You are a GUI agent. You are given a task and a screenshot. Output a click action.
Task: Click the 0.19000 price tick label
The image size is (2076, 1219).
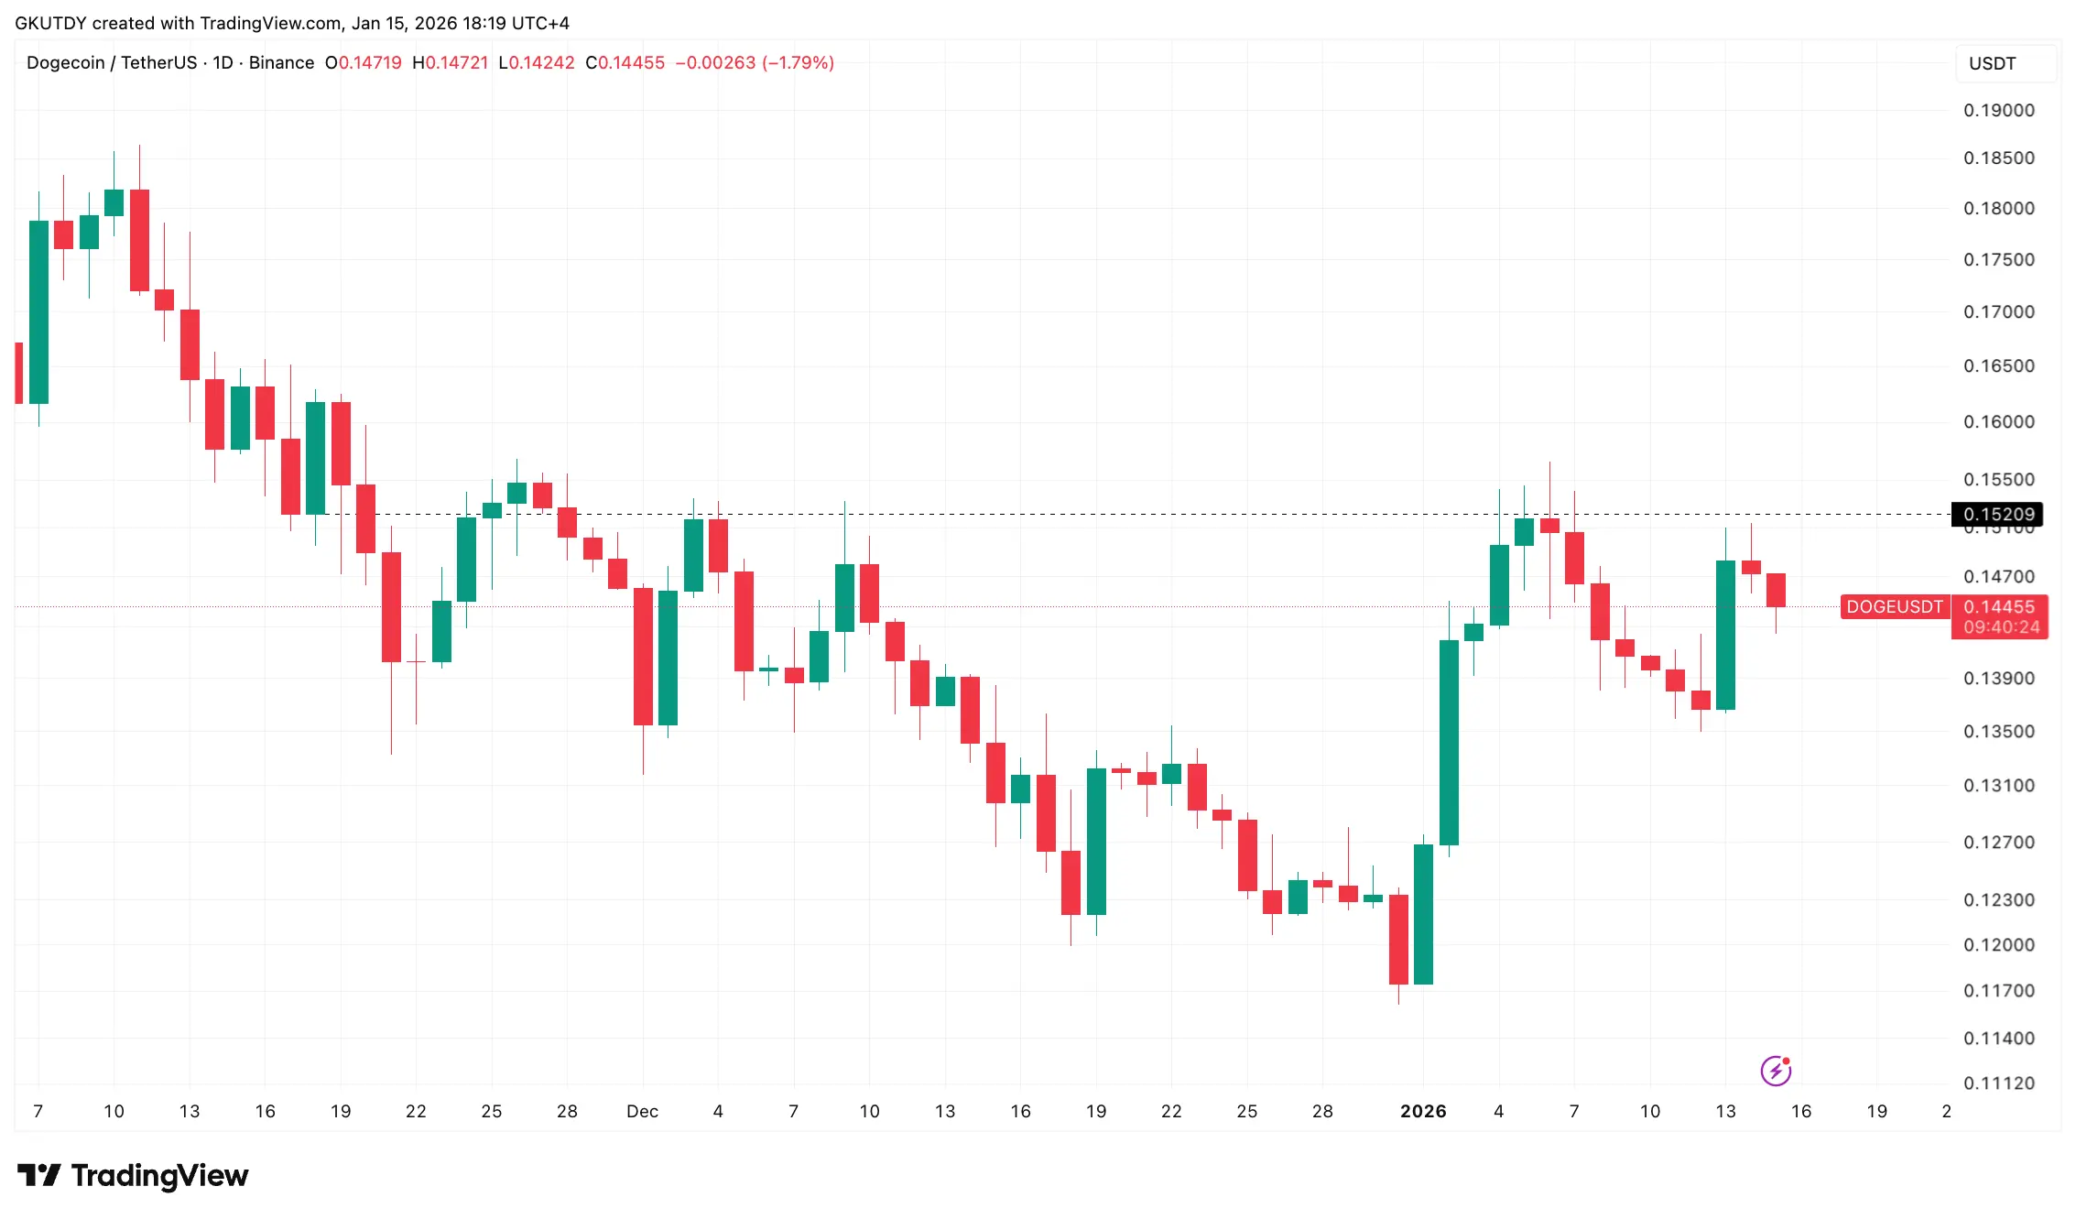pyautogui.click(x=1998, y=111)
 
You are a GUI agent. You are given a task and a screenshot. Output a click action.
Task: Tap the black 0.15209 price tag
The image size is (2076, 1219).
pyautogui.click(x=1997, y=515)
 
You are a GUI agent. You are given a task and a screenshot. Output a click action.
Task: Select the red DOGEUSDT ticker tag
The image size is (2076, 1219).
pyautogui.click(x=1894, y=607)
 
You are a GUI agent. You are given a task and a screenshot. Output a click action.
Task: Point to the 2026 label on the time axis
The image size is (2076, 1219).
pyautogui.click(x=1423, y=1112)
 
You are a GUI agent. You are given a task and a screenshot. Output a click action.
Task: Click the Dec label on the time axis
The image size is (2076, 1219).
pyautogui.click(x=642, y=1112)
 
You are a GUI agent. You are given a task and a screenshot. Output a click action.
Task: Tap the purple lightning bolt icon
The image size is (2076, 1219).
pyautogui.click(x=1776, y=1071)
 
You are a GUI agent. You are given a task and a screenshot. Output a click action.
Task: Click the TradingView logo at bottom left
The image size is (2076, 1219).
pyautogui.click(x=133, y=1175)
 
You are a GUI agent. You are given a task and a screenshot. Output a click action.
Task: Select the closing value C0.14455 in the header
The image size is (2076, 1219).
pyautogui.click(x=625, y=63)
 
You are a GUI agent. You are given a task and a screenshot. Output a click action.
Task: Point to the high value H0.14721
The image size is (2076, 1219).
pyautogui.click(x=450, y=63)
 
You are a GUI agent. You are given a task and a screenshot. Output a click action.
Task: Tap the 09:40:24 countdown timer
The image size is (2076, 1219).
pyautogui.click(x=2001, y=628)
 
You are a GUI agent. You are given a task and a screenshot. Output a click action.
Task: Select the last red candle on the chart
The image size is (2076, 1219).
pyautogui.click(x=1776, y=590)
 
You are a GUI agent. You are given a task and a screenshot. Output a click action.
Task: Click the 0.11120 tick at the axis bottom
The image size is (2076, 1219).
pyautogui.click(x=1998, y=1083)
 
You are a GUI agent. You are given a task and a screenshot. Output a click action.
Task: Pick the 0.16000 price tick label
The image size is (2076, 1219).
pyautogui.click(x=1998, y=422)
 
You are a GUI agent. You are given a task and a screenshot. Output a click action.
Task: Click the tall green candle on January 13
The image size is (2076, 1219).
pyautogui.click(x=1725, y=636)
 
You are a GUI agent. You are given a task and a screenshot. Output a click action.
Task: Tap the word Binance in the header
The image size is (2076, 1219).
pyautogui.click(x=281, y=63)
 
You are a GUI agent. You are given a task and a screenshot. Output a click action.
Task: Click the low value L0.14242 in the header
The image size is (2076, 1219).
pyautogui.click(x=537, y=63)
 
